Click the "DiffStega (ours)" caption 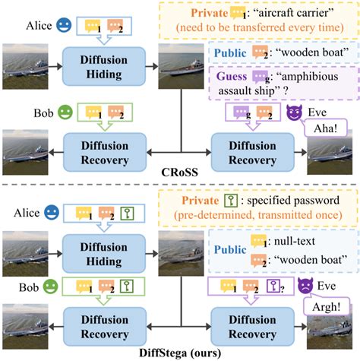[179, 353]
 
